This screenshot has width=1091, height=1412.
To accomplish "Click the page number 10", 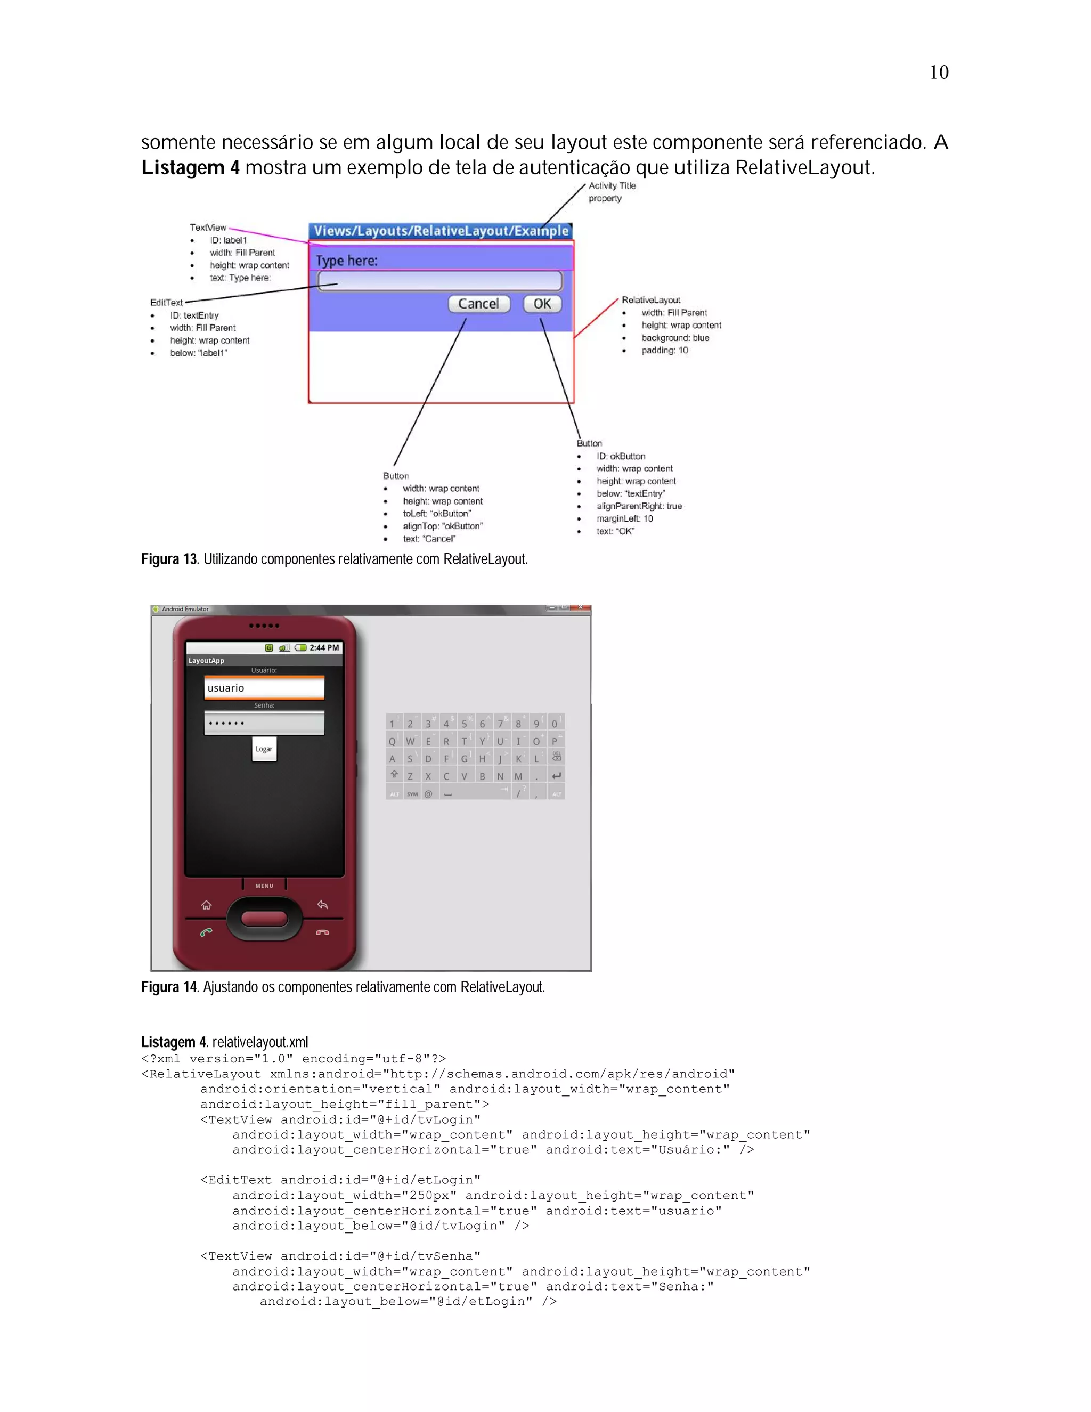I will (939, 72).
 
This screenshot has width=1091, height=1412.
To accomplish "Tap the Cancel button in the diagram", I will (479, 304).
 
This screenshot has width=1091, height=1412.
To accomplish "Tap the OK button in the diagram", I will (542, 304).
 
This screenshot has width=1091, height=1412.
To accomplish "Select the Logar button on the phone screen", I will (264, 749).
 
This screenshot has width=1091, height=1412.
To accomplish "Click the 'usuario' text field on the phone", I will (264, 688).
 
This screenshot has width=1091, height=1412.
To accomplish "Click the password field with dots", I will (264, 723).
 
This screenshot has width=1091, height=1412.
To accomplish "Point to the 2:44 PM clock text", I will (324, 647).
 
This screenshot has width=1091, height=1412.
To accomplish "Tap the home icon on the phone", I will (206, 905).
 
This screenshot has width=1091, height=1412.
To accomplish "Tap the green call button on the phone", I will (206, 932).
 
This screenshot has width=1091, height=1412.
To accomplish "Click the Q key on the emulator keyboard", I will (392, 742).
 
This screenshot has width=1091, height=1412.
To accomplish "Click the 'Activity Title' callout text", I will (612, 185).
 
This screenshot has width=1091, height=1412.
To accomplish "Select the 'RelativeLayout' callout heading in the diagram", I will (651, 300).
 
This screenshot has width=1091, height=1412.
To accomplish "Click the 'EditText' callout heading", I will (167, 303).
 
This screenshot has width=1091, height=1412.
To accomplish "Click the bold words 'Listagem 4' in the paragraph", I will (190, 168).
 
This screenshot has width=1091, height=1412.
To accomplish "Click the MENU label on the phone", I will (264, 886).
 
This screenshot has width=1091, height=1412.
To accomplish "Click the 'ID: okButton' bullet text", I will (621, 456).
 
